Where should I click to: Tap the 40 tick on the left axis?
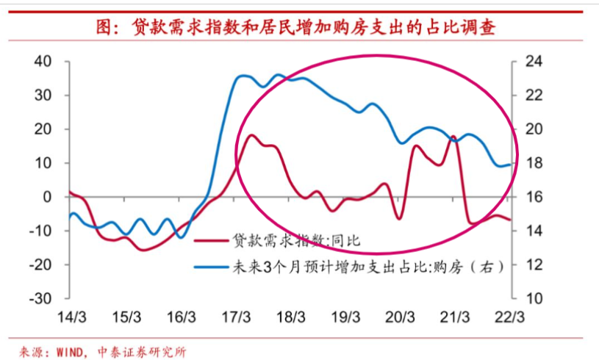(43, 61)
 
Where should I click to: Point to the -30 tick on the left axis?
(40, 298)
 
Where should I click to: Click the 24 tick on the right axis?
(536, 61)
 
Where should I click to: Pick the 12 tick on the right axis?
(536, 264)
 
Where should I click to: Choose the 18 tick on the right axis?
(536, 163)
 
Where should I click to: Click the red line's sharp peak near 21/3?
(453, 137)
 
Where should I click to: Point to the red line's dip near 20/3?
(398, 218)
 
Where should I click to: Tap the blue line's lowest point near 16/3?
(181, 237)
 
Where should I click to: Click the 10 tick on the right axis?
(536, 298)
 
